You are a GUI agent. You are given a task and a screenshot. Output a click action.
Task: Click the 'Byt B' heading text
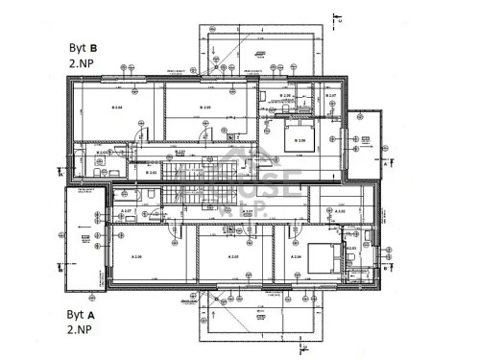click(x=82, y=45)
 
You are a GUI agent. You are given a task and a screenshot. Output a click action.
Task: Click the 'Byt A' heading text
click(x=82, y=314)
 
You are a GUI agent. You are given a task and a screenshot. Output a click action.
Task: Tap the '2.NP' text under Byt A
click(x=80, y=330)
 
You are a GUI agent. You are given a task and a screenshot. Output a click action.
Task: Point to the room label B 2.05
click(x=204, y=108)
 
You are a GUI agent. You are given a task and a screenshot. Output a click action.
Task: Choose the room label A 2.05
click(x=231, y=258)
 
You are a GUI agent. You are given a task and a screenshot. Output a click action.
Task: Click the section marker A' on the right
click(x=385, y=164)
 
